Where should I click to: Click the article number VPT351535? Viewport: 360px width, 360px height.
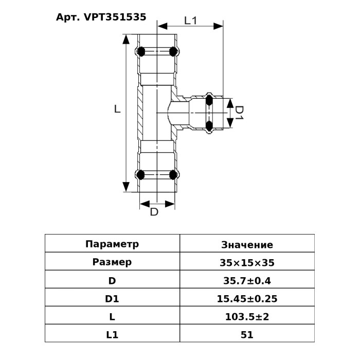pos(101,17)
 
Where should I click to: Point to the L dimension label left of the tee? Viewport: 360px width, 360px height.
pos(117,110)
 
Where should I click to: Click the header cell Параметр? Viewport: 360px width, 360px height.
pos(112,244)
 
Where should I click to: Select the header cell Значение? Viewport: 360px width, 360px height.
pos(247,244)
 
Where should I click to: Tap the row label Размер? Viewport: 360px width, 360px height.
pos(112,262)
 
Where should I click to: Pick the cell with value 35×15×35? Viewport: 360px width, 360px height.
pos(247,262)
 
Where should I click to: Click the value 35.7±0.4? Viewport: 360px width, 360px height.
pos(247,281)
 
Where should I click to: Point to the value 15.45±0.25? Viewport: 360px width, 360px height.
pos(247,299)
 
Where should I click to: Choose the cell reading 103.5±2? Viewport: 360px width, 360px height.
pos(247,317)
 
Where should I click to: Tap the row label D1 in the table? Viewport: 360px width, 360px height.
pos(112,299)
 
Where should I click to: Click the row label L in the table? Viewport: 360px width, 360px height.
pos(112,317)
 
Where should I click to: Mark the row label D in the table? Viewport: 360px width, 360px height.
pos(112,281)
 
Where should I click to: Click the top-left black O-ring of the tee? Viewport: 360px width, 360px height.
pos(139,51)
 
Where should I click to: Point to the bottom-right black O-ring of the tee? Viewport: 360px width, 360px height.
pos(174,174)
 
